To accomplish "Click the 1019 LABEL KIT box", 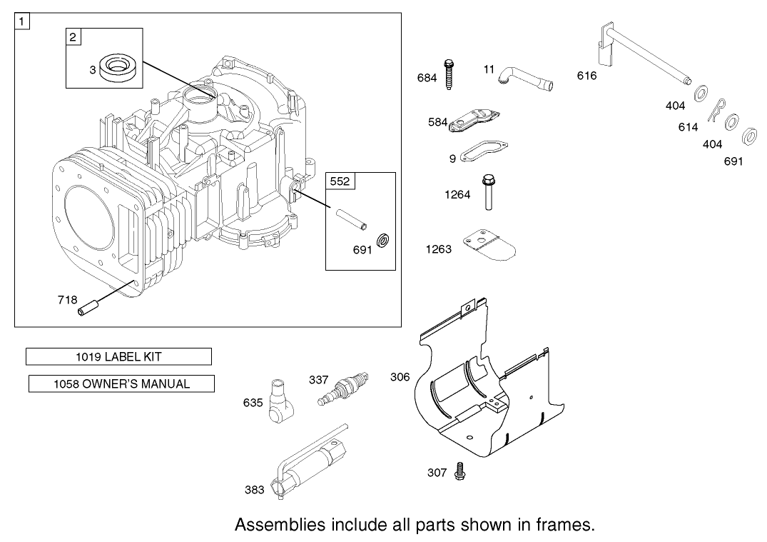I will tap(118, 356).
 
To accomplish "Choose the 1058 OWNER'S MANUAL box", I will tap(121, 383).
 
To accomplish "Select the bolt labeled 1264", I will tap(489, 193).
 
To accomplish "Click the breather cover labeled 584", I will tap(475, 121).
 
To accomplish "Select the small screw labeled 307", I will tap(459, 472).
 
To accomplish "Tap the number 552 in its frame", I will tap(340, 181).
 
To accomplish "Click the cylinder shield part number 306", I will tap(400, 376).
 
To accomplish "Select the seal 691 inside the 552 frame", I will tap(382, 240).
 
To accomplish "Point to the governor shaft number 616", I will tap(586, 76).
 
